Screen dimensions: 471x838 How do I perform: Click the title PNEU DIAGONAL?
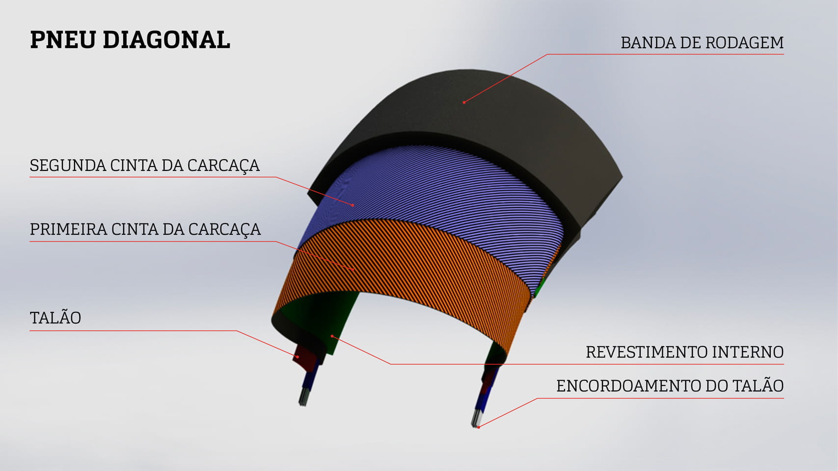pyautogui.click(x=130, y=40)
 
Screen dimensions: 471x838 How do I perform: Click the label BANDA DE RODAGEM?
pyautogui.click(x=702, y=43)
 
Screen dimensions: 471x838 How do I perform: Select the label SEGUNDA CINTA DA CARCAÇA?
pyautogui.click(x=144, y=166)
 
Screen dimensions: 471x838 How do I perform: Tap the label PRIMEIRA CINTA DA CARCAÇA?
pyautogui.click(x=145, y=229)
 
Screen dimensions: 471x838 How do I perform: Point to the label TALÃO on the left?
pyautogui.click(x=55, y=318)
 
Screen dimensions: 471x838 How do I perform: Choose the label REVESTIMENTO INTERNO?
pyautogui.click(x=684, y=352)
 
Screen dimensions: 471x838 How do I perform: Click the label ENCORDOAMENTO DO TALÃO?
pyautogui.click(x=670, y=386)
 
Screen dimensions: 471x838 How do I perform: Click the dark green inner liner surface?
pyautogui.click(x=319, y=319)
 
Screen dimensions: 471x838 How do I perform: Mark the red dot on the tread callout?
pyautogui.click(x=464, y=102)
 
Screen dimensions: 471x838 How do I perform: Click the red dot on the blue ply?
pyautogui.click(x=353, y=205)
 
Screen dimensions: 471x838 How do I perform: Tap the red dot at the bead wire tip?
pyautogui.click(x=479, y=427)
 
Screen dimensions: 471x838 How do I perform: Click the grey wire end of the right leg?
pyautogui.click(x=476, y=417)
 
